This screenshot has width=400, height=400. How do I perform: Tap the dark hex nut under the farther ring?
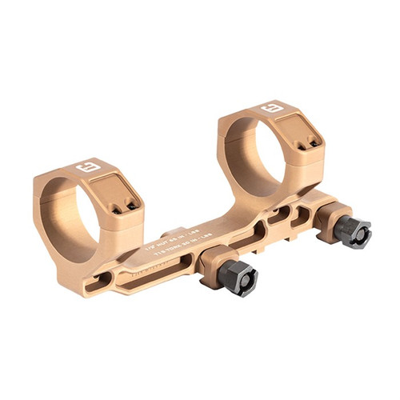pos(353,232)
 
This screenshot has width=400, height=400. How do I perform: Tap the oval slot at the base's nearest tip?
pos(102,278)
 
